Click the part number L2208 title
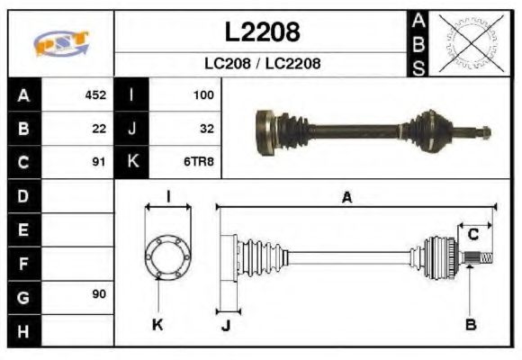[261, 32]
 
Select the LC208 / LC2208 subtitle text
[261, 64]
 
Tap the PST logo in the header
[60, 43]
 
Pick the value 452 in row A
[95, 94]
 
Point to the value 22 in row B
[99, 129]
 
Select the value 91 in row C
[99, 163]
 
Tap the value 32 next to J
[206, 129]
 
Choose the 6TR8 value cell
[200, 163]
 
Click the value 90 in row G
[99, 295]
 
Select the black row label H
[22, 329]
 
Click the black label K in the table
[132, 163]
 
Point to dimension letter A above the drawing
[346, 198]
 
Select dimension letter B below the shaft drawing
[471, 324]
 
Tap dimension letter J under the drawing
[225, 326]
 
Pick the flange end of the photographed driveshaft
[265, 131]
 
